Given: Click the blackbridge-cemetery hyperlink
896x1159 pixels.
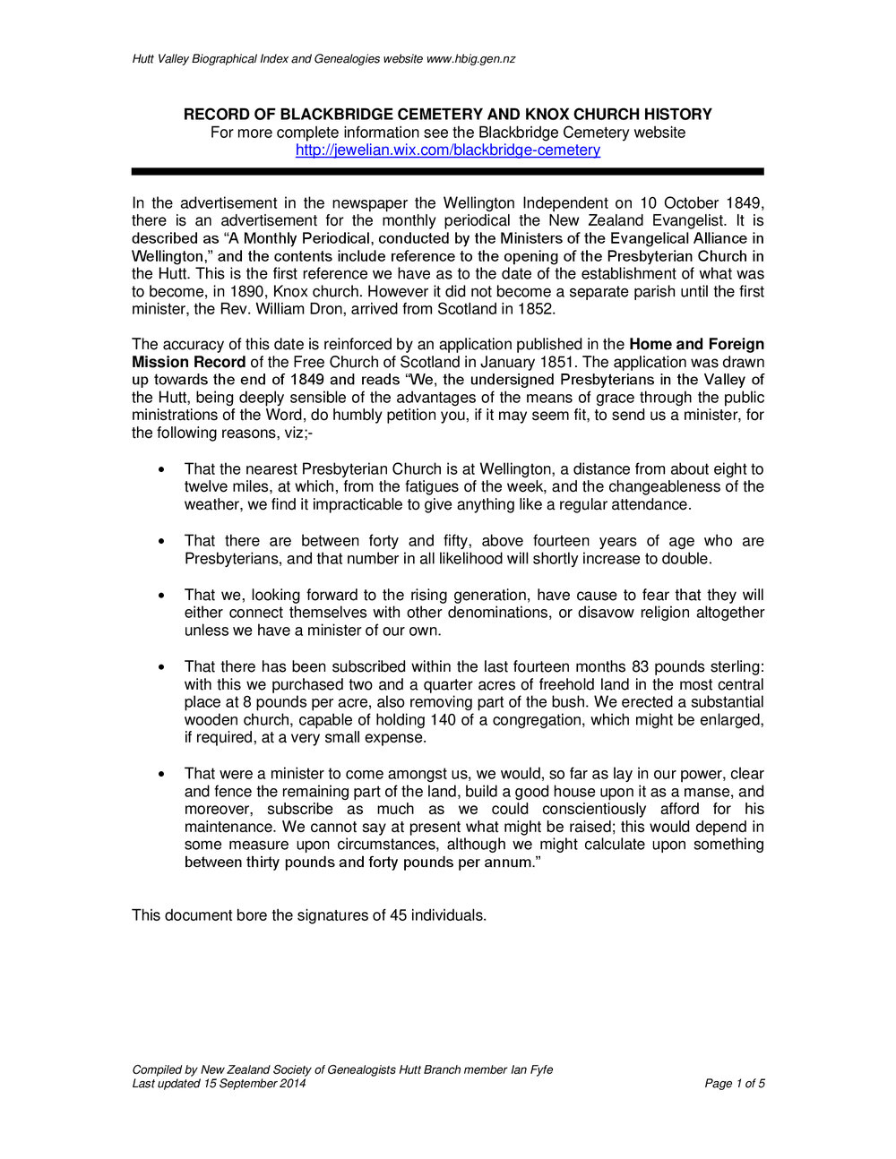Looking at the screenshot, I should click(x=448, y=150).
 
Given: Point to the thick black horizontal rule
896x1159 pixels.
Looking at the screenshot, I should click(x=448, y=171).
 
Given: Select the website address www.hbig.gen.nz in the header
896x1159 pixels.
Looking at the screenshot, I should click(x=470, y=59).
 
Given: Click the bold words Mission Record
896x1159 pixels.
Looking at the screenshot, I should click(x=189, y=362).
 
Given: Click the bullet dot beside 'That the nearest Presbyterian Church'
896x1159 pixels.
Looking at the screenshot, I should click(x=161, y=469).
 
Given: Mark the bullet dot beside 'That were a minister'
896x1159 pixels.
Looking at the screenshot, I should click(x=161, y=774).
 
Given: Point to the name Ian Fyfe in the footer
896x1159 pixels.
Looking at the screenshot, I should click(x=531, y=1069).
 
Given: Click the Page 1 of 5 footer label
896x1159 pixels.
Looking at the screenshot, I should click(x=735, y=1084).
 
